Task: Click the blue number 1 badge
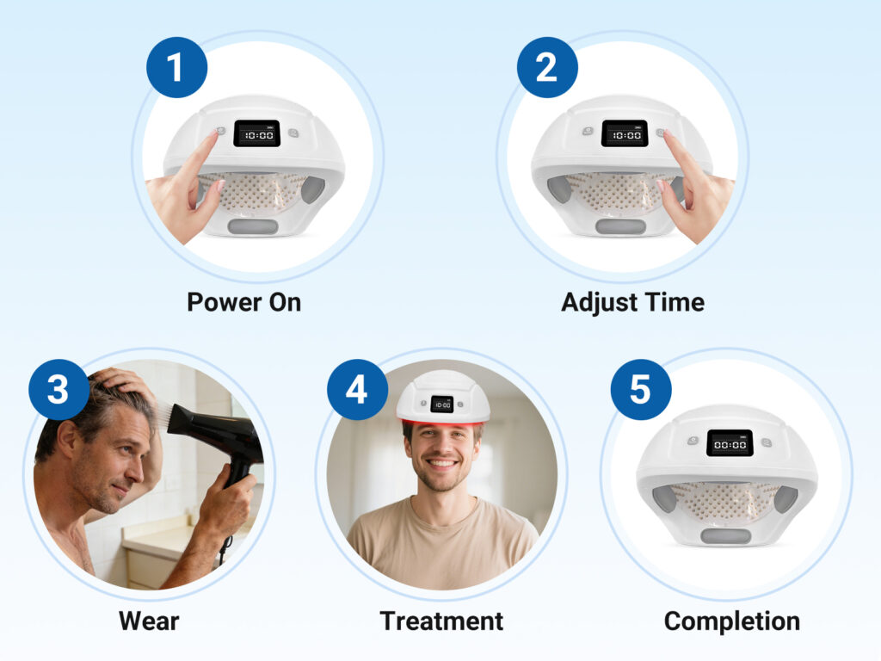177,67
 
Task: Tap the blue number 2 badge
547,67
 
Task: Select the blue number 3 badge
59,390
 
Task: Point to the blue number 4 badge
357,390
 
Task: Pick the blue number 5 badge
641,390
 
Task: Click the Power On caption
243,302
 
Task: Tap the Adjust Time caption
632,302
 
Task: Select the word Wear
149,621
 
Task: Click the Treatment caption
441,621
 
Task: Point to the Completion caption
732,621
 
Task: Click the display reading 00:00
730,443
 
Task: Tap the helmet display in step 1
256,133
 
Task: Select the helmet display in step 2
625,133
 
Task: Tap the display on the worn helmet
442,404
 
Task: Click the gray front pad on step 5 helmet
725,536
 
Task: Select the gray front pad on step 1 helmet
253,227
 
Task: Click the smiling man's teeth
441,464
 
